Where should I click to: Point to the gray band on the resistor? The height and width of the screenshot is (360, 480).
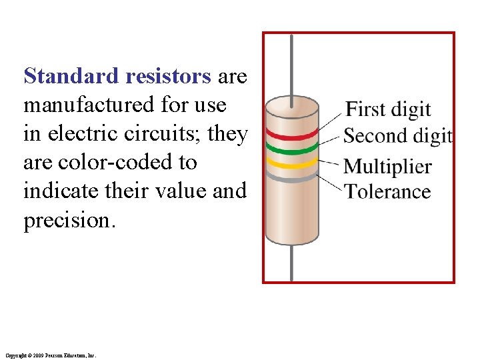coord(292,179)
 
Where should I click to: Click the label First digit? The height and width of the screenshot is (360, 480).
coord(389,109)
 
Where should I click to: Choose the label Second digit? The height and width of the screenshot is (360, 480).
coord(398,136)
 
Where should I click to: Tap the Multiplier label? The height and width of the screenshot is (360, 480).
coord(387,166)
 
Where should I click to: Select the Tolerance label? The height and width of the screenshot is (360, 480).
coord(387,191)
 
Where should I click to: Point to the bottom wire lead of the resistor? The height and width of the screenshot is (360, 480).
coord(291,263)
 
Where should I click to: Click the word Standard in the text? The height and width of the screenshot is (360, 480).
coord(71,77)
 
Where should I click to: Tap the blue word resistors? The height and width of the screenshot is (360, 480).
coord(167,77)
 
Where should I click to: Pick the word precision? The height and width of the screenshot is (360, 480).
coord(69,221)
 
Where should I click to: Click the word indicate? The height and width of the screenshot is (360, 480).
coord(67,191)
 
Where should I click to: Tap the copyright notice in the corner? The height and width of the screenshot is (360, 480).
coord(50,356)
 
